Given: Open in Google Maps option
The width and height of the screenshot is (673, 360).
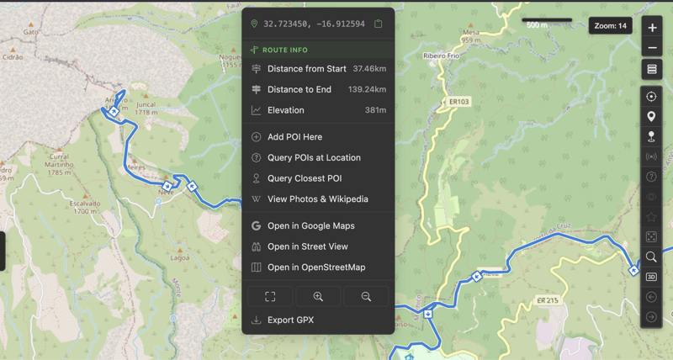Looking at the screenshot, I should click(310, 225).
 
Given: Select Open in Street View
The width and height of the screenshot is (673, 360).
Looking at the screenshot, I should click(307, 246).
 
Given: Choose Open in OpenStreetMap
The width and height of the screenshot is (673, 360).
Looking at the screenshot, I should click(315, 267).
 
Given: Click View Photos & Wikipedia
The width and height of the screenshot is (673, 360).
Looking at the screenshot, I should click(317, 199).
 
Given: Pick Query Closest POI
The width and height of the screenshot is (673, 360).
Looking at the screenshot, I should click(304, 178).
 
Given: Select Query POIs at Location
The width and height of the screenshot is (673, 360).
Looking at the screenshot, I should click(313, 157).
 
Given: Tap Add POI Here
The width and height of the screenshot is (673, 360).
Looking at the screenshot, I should click(294, 137).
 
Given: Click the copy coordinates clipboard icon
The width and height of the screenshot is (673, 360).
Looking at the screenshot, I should click(379, 24).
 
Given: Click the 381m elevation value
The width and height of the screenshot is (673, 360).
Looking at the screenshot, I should click(375, 110).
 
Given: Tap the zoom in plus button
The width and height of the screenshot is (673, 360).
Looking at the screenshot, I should click(652, 28).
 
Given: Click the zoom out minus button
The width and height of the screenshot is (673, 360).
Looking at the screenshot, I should click(652, 48).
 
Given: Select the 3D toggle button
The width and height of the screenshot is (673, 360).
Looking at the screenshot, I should click(651, 277).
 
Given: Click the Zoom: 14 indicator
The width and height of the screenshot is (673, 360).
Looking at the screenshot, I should click(611, 26).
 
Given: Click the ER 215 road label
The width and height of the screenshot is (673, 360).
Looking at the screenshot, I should click(547, 300).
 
